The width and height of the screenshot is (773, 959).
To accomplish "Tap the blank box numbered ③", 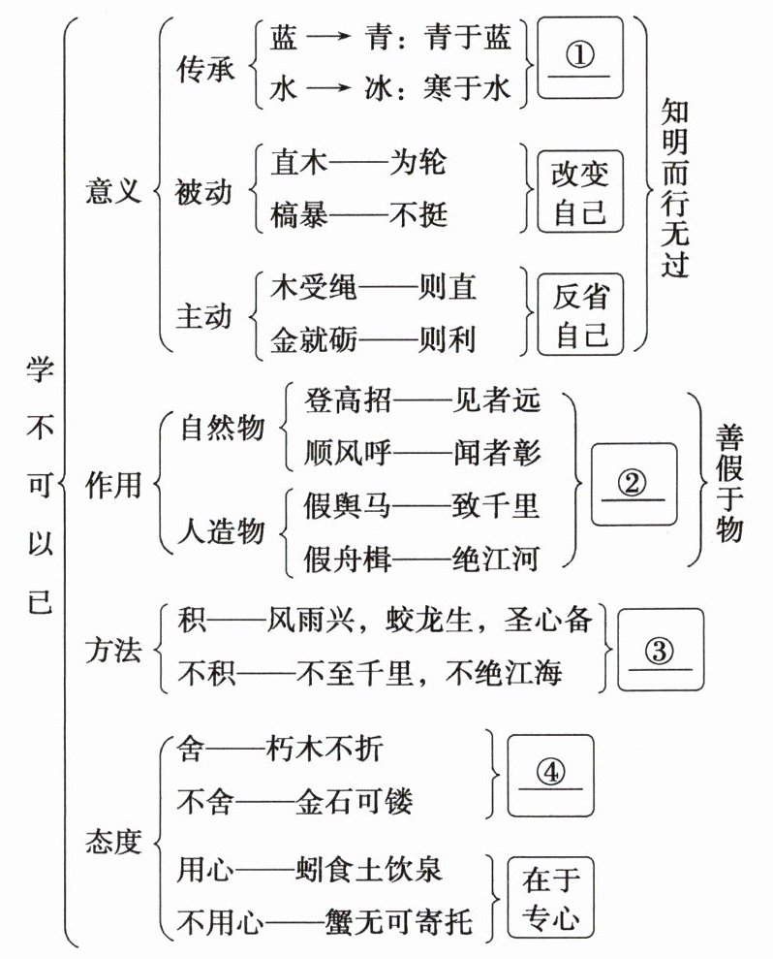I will (660, 652).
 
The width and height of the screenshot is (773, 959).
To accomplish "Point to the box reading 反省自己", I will (579, 314).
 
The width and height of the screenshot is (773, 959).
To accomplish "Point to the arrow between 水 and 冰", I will (332, 88).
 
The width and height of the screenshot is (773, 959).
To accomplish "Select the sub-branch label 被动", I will (205, 190).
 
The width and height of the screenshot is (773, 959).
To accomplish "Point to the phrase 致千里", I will (495, 505).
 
